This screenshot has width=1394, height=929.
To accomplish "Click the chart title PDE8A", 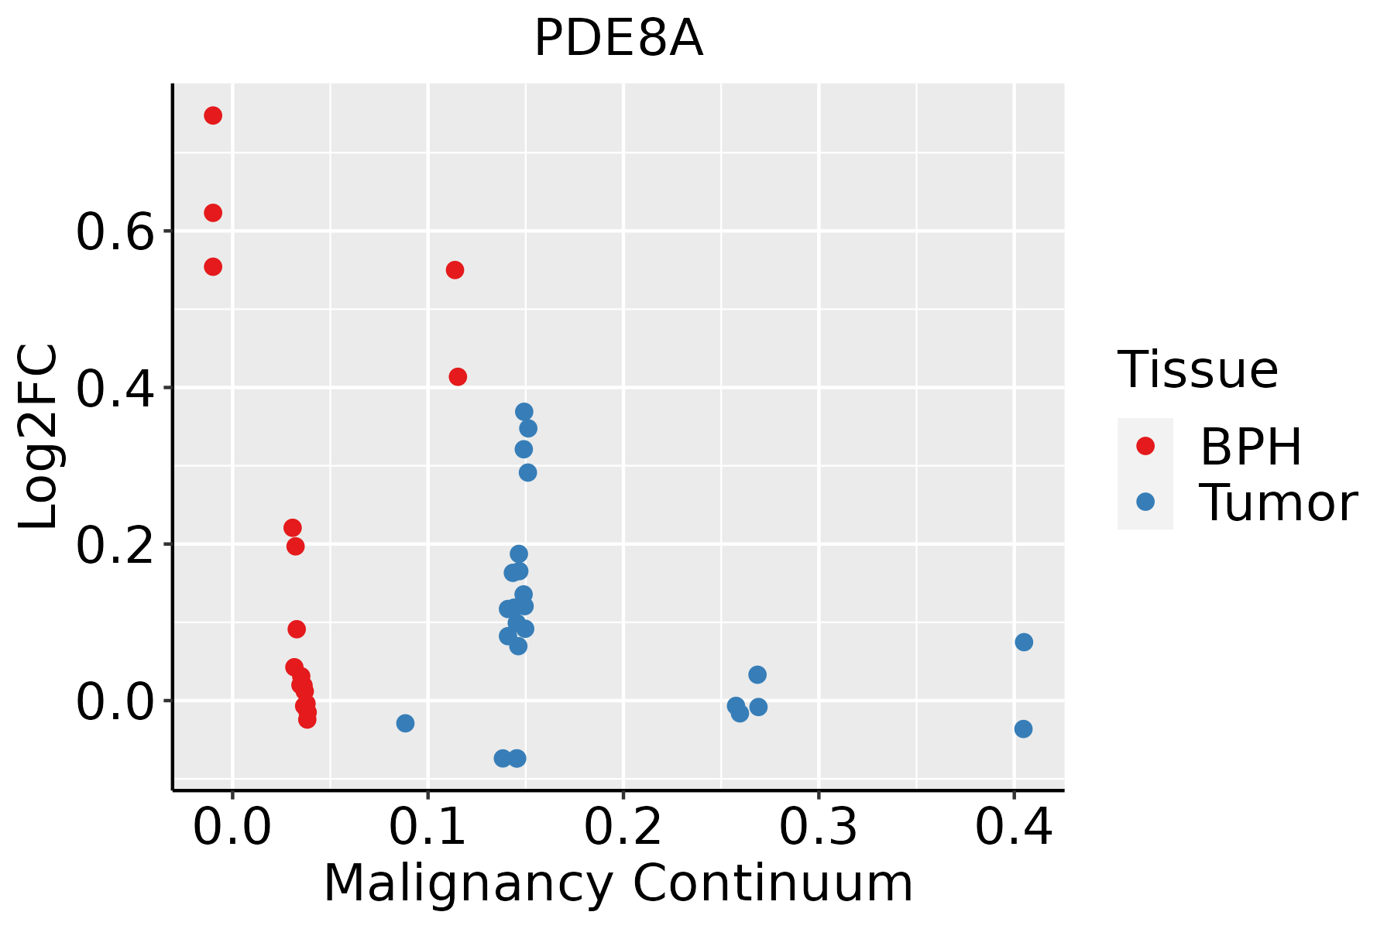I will pyautogui.click(x=618, y=39).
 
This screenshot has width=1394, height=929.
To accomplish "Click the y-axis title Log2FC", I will pyautogui.click(x=39, y=437).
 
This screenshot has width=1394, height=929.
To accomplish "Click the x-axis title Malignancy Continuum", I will pyautogui.click(x=618, y=883).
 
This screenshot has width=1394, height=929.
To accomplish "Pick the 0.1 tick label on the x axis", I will pyautogui.click(x=427, y=827).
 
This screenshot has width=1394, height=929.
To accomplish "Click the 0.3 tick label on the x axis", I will pyautogui.click(x=818, y=827).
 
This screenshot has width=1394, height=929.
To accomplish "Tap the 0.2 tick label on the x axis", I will pyautogui.click(x=623, y=827).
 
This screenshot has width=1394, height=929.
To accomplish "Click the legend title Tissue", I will pyautogui.click(x=1198, y=370).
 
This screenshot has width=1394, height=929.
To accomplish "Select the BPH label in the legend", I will pyautogui.click(x=1251, y=447).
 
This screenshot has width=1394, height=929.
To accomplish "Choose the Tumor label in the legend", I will pyautogui.click(x=1279, y=502).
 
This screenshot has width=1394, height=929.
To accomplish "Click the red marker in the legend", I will pyautogui.click(x=1145, y=446).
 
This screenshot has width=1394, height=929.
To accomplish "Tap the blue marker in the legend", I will pyautogui.click(x=1145, y=502).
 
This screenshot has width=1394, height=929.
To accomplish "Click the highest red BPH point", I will pyautogui.click(x=213, y=116).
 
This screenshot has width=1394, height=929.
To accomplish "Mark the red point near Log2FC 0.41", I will pyautogui.click(x=458, y=377).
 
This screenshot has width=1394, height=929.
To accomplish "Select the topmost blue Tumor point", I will pyautogui.click(x=524, y=412).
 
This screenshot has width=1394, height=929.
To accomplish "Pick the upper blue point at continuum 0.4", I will pyautogui.click(x=1024, y=643).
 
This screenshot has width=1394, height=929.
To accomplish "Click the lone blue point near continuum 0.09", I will pyautogui.click(x=405, y=723).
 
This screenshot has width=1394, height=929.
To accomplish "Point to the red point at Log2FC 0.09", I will pyautogui.click(x=297, y=629).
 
